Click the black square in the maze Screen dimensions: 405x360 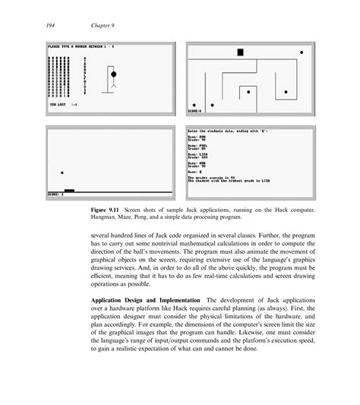(240, 52)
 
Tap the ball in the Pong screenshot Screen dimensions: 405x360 (61, 173)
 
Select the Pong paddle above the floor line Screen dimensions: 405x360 (69, 190)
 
